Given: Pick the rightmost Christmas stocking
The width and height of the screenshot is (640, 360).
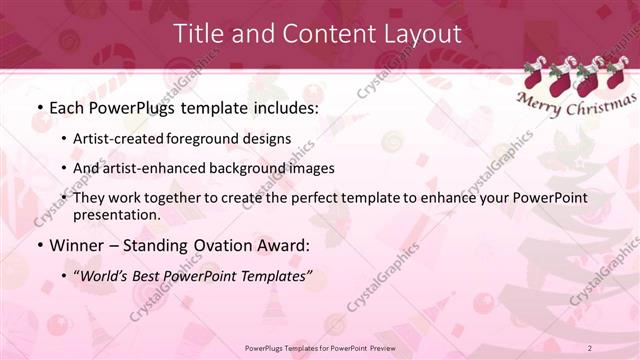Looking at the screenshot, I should pyautogui.click(x=616, y=76).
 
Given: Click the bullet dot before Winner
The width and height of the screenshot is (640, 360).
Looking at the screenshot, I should pyautogui.click(x=39, y=245).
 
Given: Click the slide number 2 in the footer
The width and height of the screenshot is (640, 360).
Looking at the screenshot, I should pyautogui.click(x=590, y=347).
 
